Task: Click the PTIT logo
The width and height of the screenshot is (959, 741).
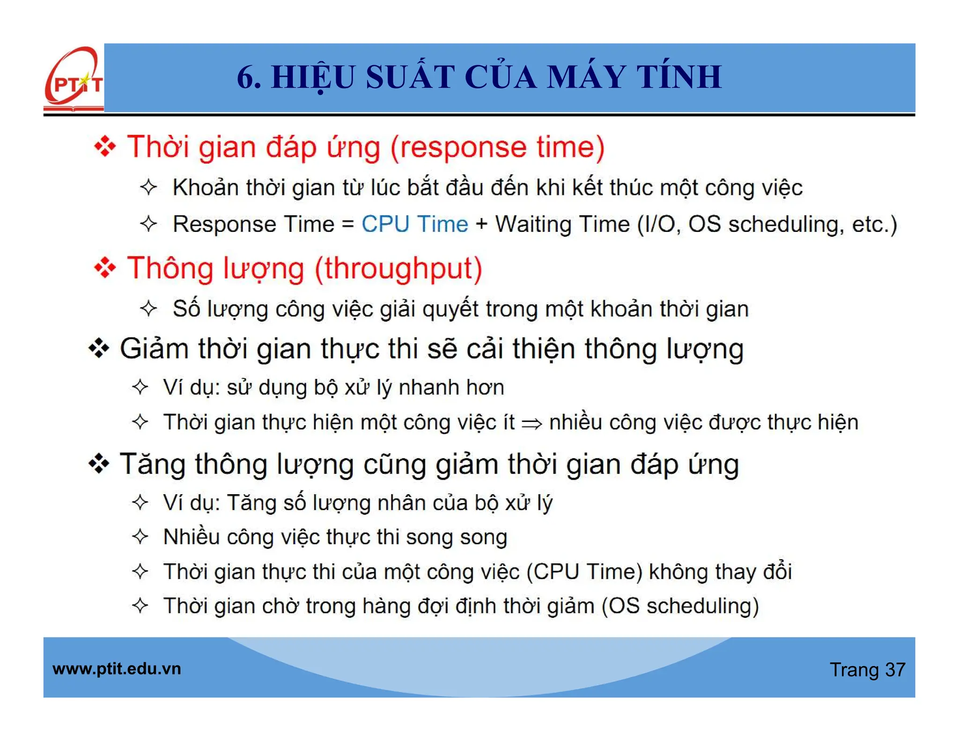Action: (74, 79)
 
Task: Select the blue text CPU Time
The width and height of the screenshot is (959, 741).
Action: (414, 224)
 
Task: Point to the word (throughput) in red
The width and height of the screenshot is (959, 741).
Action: (398, 269)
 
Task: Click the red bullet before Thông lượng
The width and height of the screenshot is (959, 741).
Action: (105, 268)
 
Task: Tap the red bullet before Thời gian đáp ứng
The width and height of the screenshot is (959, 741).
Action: (105, 147)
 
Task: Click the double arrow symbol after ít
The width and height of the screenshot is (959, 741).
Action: (531, 423)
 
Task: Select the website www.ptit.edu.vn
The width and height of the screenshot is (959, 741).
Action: (117, 668)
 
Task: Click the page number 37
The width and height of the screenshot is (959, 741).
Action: (895, 670)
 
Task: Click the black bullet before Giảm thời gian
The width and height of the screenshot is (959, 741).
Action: (99, 348)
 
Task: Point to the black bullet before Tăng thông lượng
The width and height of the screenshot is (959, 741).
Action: (99, 464)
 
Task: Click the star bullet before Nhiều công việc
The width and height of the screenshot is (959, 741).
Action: (140, 536)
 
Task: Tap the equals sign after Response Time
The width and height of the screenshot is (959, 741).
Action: (347, 224)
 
